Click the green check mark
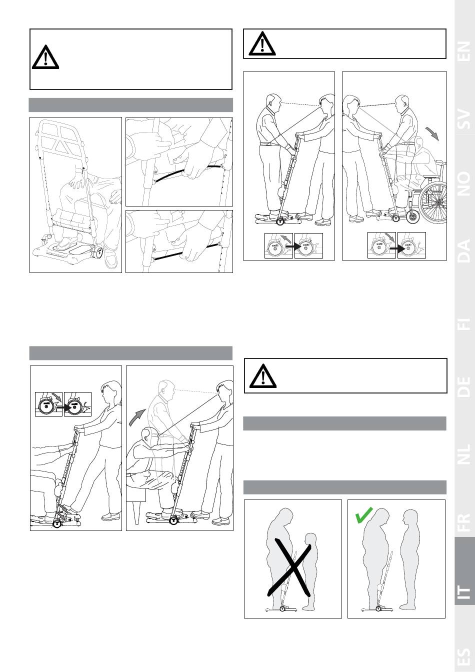tap(363, 515)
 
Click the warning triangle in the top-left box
tap(45, 58)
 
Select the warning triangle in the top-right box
tap(262, 43)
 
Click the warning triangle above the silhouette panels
tap(263, 376)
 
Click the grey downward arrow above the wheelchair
tap(432, 133)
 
